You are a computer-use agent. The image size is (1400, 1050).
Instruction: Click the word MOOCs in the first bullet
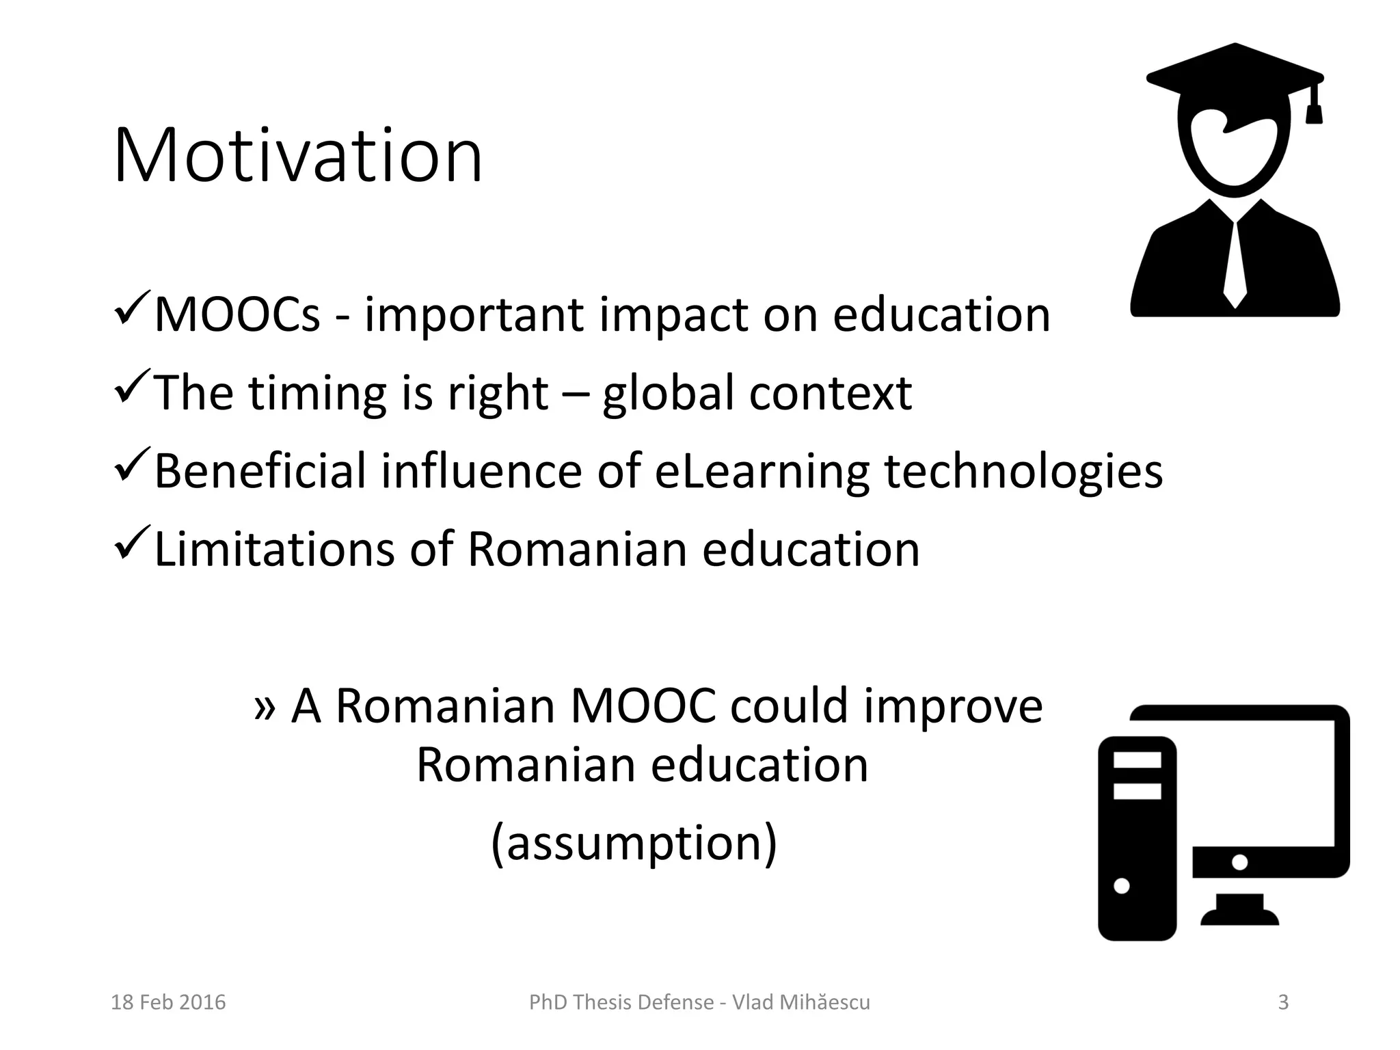[x=237, y=315]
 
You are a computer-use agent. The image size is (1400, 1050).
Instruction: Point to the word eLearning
[x=762, y=471]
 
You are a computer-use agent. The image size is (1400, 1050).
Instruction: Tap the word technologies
[x=1023, y=471]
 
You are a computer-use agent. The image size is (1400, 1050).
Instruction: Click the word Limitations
[x=274, y=549]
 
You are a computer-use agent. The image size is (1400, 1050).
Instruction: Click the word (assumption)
[x=634, y=843]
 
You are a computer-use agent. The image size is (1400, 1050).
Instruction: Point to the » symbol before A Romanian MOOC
[x=265, y=708]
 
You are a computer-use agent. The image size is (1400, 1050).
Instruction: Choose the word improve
[x=953, y=708]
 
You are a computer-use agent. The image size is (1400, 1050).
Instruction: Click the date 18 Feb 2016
[x=168, y=1002]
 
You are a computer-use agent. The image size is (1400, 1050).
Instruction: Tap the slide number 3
[x=1283, y=1002]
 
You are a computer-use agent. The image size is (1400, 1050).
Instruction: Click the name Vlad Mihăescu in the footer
[x=801, y=1002]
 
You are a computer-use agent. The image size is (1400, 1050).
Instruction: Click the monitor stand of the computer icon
[x=1239, y=909]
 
